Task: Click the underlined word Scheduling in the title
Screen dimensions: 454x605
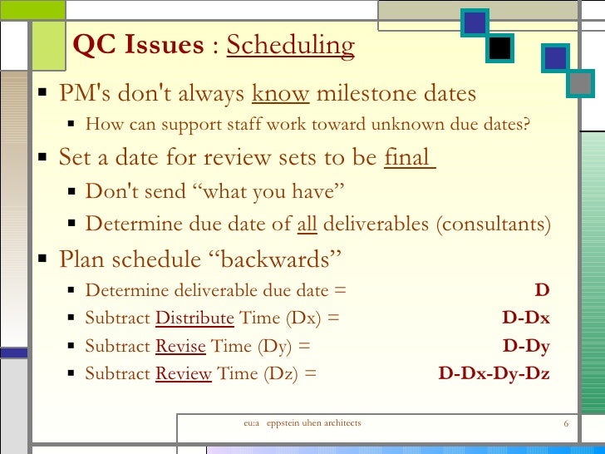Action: click(290, 45)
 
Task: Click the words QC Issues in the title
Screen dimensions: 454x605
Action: click(138, 45)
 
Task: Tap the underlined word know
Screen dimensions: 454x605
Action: click(281, 93)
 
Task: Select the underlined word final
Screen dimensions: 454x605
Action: click(407, 157)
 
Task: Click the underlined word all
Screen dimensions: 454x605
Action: click(307, 225)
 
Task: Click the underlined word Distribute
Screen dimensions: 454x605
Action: click(194, 318)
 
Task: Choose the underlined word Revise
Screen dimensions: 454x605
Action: click(181, 346)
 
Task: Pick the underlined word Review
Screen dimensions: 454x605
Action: click(184, 373)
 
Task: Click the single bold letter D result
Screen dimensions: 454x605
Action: click(542, 290)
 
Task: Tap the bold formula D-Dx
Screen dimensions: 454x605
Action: click(526, 318)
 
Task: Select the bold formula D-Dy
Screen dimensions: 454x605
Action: click(526, 346)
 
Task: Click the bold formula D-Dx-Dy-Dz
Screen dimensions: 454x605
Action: click(494, 373)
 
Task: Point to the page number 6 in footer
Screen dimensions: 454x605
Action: click(565, 424)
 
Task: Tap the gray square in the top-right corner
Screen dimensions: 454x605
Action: click(582, 82)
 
